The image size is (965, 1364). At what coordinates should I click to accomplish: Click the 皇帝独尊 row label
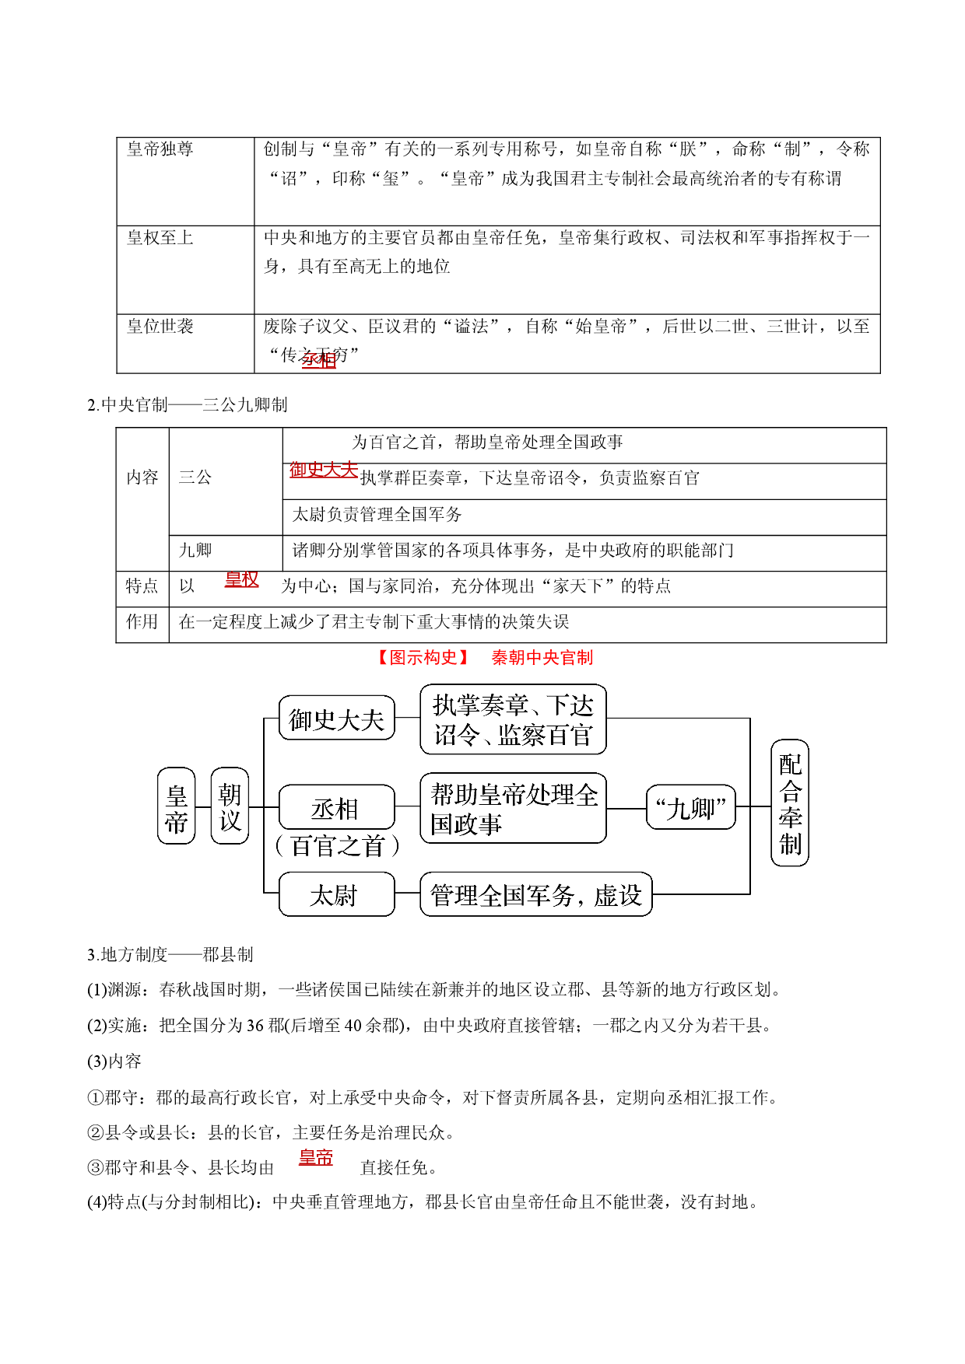point(160,149)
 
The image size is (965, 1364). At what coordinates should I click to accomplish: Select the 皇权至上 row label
point(160,238)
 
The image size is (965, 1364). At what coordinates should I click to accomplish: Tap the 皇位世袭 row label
point(160,327)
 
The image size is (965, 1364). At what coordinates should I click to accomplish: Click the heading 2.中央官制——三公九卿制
point(187,405)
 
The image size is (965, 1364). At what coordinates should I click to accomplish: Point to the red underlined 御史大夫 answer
point(324,470)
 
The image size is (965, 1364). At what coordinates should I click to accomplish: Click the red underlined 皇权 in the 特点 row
point(241,579)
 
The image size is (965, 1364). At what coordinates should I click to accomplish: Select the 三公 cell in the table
point(195,477)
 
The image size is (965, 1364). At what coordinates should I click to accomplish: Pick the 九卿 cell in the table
point(195,551)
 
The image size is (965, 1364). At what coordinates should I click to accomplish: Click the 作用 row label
point(142,622)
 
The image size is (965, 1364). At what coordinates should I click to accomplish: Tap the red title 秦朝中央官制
point(542,658)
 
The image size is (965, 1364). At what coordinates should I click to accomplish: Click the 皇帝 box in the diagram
point(176,806)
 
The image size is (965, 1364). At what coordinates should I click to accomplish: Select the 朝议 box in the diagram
point(230,806)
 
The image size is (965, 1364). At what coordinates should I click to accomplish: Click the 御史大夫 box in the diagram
point(336,718)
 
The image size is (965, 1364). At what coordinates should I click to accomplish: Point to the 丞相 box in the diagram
point(336,807)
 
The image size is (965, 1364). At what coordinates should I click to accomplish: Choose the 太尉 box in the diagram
point(336,894)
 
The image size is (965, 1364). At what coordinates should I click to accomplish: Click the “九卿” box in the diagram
point(691,807)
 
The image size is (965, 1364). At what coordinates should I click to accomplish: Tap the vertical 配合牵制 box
point(790,803)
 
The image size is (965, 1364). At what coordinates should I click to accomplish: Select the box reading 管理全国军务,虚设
point(536,894)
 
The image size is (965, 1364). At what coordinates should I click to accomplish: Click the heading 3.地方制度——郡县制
point(170,955)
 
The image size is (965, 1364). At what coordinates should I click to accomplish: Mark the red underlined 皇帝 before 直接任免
point(316,1158)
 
